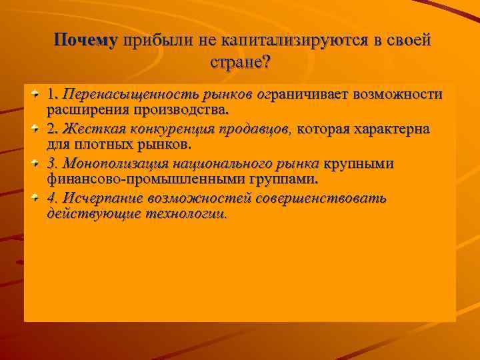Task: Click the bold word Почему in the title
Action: pyautogui.click(x=85, y=40)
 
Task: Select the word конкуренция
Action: pyautogui.click(x=164, y=129)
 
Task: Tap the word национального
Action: pyautogui.click(x=213, y=164)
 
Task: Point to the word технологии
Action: pyautogui.click(x=185, y=214)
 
